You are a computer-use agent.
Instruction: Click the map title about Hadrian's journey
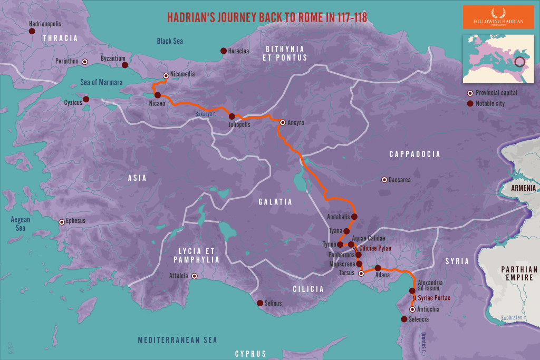267,17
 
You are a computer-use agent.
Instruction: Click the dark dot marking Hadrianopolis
32,32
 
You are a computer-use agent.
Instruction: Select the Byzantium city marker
125,65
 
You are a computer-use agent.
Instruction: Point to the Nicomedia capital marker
166,75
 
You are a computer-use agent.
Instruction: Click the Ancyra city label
296,122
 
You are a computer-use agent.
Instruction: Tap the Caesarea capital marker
384,180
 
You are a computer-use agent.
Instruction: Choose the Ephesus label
76,221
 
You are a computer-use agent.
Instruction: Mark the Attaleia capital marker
194,276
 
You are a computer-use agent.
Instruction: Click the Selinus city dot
259,303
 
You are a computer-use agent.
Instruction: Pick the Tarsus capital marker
361,274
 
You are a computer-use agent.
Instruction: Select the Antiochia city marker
412,309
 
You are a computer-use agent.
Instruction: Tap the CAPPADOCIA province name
414,154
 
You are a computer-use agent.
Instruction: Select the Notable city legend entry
490,103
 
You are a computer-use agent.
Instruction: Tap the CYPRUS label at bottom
250,354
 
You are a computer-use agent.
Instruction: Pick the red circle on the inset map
520,62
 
